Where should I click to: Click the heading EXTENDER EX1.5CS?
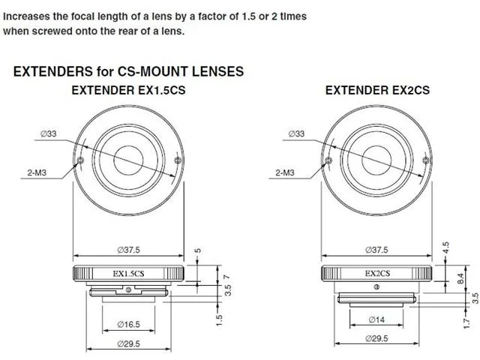pos(128,90)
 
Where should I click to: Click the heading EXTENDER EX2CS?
pos(377,90)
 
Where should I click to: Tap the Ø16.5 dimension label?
pos(128,324)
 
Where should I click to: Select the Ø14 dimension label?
pos(376,319)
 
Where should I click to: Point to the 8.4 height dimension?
pos(460,278)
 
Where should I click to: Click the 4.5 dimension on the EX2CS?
pos(445,247)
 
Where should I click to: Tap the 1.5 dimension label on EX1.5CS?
pos(218,320)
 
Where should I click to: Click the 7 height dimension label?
pos(226,277)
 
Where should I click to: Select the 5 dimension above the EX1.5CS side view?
pos(198,250)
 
